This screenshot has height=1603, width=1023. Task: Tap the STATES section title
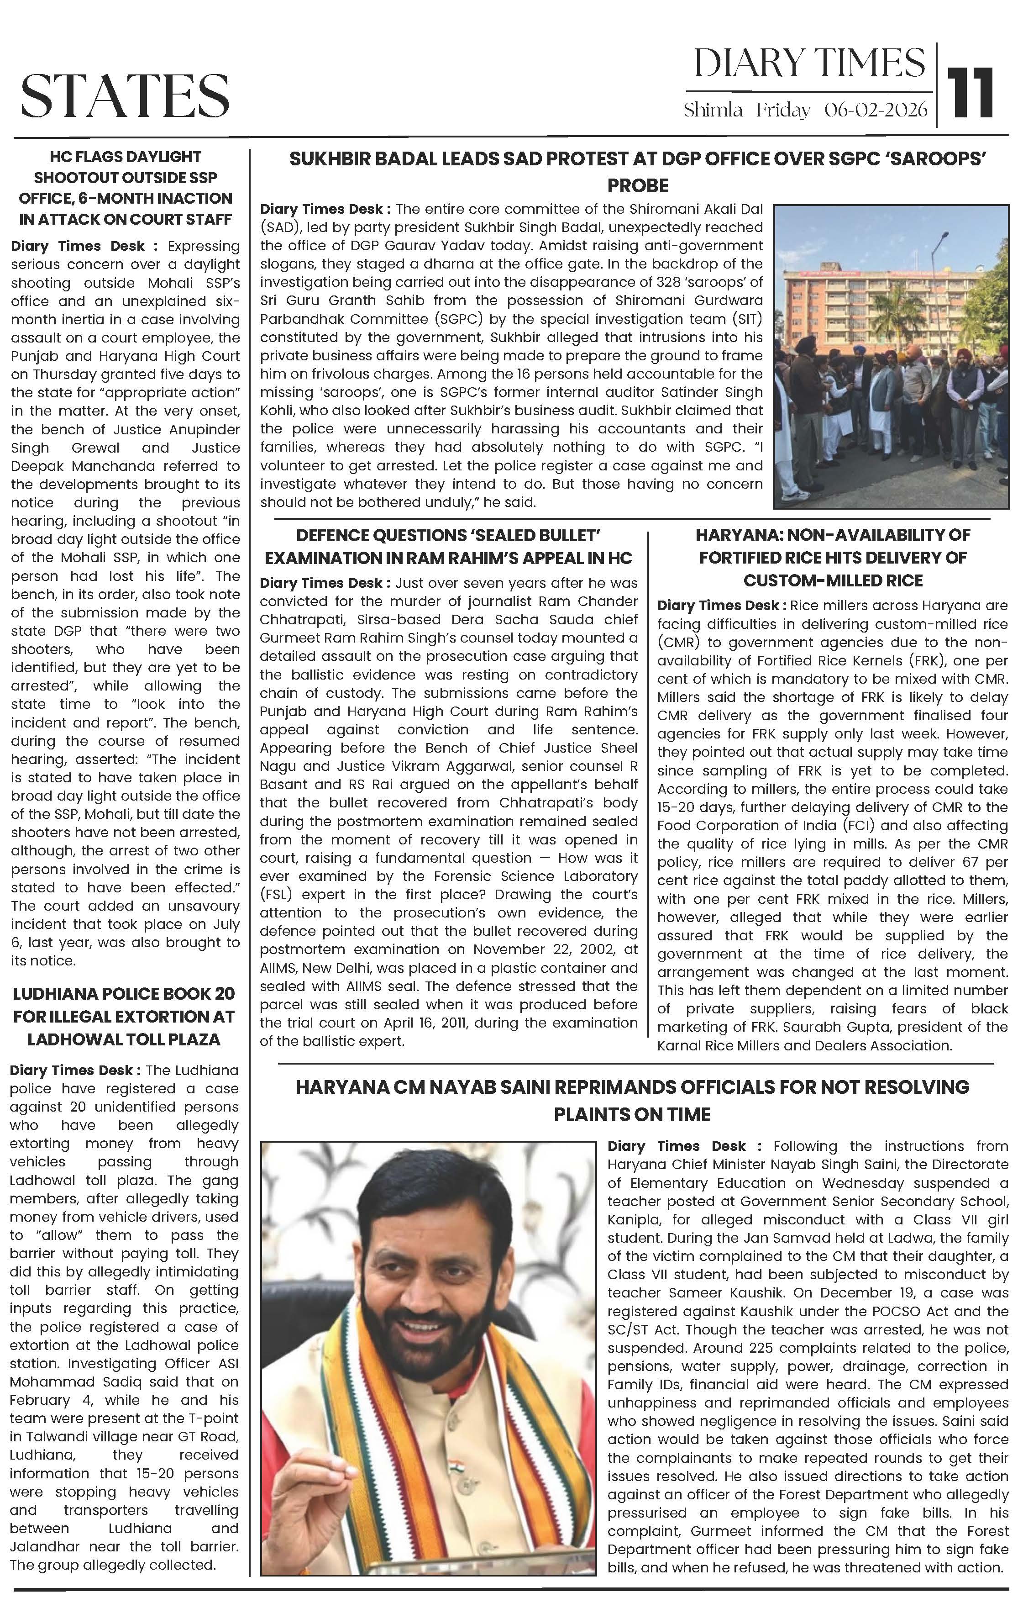125,95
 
